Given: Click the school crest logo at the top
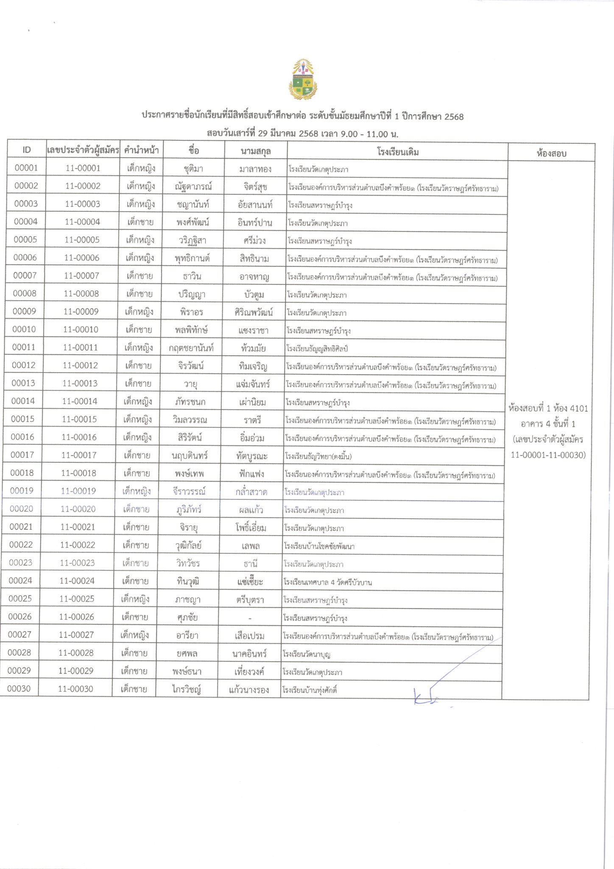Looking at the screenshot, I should click(x=303, y=79).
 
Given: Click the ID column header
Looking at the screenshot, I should click(x=27, y=150).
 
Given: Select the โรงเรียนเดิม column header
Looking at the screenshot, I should click(x=398, y=152).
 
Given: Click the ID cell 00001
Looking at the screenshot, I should click(x=26, y=168).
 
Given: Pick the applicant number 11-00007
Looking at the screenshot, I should click(x=81, y=276).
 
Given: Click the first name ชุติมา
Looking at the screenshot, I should click(x=193, y=169).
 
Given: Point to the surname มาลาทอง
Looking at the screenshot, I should click(x=255, y=169).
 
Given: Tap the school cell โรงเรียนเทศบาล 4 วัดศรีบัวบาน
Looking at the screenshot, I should click(x=328, y=582).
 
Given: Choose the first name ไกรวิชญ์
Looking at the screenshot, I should click(x=187, y=690).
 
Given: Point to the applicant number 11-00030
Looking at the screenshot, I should click(x=75, y=689).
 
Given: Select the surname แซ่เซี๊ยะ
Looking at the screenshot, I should click(x=250, y=582).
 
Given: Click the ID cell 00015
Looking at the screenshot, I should click(x=23, y=419).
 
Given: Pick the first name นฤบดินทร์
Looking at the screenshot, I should click(x=190, y=456).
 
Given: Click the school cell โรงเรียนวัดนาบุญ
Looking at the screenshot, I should click(x=307, y=654).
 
